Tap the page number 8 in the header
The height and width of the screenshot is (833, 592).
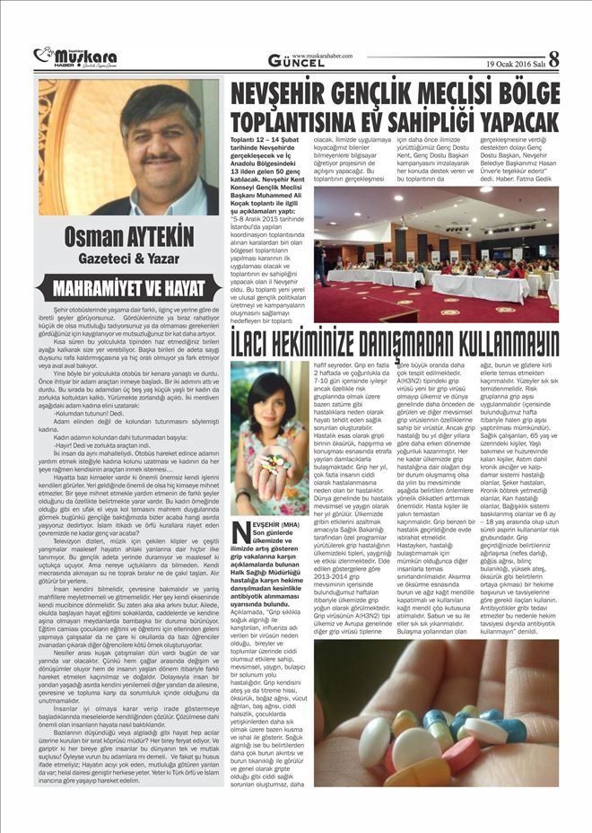point(553,59)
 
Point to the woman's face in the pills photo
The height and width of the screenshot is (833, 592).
point(268,404)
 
